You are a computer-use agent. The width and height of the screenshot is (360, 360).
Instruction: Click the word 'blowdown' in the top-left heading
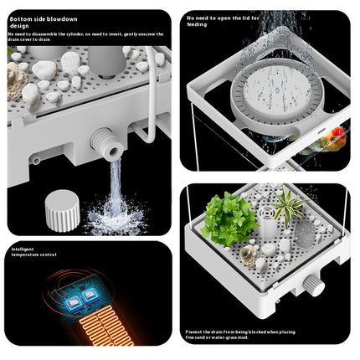(64, 17)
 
